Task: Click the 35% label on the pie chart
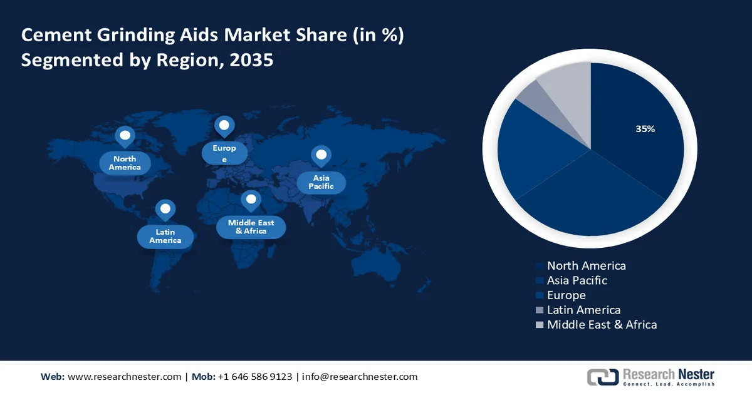645,129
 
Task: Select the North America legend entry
586,265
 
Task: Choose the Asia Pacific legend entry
577,280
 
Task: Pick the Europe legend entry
566,295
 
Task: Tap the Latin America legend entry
583,310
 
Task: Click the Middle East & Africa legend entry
602,324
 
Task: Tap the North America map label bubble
125,163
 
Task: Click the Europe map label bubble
224,153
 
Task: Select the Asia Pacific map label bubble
321,182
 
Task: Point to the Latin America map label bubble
165,236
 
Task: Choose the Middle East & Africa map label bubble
251,227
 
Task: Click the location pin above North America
125,136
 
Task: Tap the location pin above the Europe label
224,126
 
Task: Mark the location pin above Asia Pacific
321,155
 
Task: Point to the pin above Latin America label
165,209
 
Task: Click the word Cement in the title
55,36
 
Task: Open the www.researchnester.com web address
124,377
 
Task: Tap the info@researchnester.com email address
360,377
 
